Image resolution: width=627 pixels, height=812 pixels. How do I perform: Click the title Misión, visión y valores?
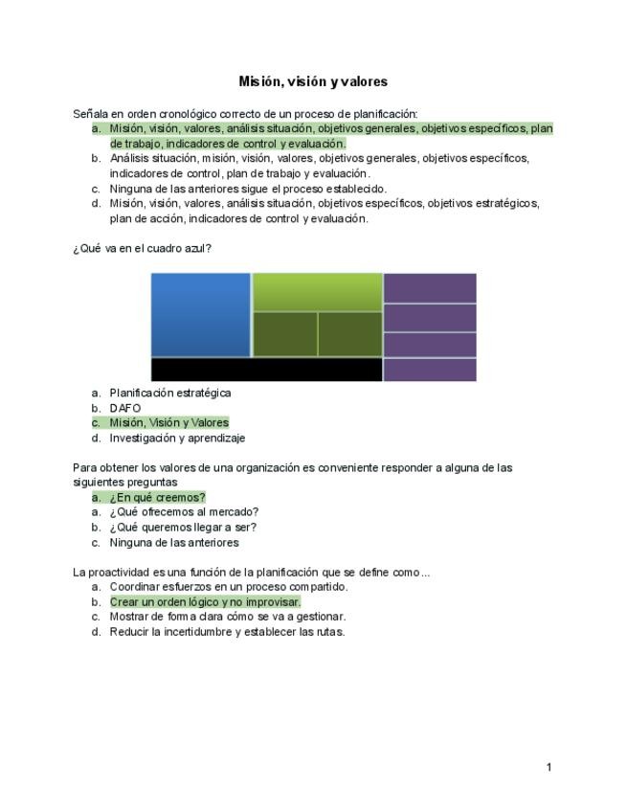313,81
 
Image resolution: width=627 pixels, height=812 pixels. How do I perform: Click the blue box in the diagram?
201,314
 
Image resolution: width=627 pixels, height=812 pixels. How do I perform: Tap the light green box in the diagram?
317,291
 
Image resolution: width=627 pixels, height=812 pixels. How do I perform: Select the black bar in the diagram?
267,370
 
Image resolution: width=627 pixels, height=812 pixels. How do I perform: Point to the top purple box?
430,287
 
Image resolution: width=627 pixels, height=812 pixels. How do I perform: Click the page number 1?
549,767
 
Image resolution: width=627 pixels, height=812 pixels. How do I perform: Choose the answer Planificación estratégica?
170,393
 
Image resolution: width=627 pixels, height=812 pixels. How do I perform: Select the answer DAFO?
125,408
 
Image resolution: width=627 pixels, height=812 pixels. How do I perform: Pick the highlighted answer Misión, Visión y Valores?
169,422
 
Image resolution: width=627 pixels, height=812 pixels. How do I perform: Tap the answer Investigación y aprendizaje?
177,438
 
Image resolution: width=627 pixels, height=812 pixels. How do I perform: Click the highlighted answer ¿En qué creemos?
157,497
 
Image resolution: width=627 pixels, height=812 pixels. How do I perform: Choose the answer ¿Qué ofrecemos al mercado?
184,512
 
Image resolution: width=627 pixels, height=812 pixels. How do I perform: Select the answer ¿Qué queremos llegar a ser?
183,527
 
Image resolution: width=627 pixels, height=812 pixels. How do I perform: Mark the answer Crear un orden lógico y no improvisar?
205,602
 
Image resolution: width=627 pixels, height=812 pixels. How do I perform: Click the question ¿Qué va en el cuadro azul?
142,248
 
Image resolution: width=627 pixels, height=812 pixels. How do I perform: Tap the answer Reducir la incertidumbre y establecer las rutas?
227,632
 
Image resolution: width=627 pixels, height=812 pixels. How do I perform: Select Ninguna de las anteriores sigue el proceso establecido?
248,189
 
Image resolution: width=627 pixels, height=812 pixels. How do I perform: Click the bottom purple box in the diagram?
430,370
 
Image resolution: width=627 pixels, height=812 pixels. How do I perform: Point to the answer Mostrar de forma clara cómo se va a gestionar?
228,617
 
